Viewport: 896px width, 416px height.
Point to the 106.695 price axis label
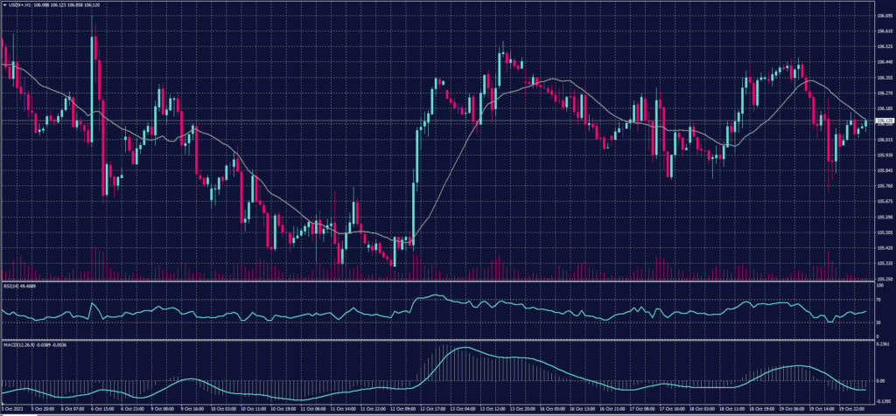(x=884, y=15)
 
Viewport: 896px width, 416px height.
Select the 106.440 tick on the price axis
(x=884, y=61)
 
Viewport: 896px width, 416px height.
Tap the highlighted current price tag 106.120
(x=884, y=121)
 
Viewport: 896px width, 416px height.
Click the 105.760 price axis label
(x=884, y=186)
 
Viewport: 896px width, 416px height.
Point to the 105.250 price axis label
(x=884, y=279)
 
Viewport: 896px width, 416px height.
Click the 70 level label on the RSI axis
(x=878, y=299)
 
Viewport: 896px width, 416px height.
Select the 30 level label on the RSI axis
(x=878, y=322)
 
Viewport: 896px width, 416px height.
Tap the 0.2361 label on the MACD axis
(x=883, y=344)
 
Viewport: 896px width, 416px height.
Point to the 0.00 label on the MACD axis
(x=880, y=381)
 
